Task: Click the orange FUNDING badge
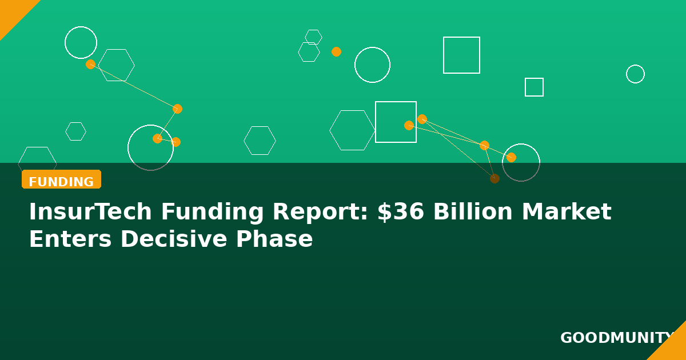[61, 179]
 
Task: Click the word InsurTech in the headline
[90, 211]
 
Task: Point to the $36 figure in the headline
[401, 211]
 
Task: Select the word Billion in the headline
[473, 211]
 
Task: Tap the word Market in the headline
[567, 211]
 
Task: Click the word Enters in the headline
[70, 239]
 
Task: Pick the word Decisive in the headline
[174, 239]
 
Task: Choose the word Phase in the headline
[274, 239]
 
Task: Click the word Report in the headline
[320, 212]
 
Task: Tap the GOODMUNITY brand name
[616, 338]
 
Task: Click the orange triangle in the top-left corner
[12, 12]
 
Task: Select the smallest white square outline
[534, 78]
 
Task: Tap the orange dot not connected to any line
[336, 52]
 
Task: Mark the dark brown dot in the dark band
[494, 178]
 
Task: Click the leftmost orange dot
[90, 64]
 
